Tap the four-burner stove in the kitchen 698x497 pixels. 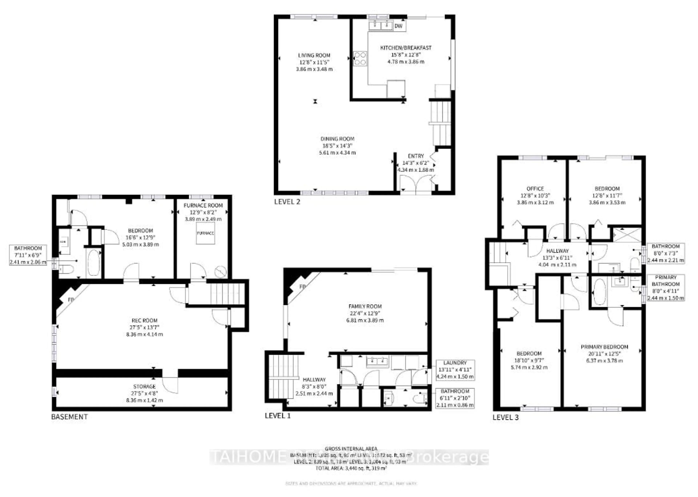[360, 59]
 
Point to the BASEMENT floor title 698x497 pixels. [69, 417]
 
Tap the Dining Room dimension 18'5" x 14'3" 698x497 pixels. [337, 146]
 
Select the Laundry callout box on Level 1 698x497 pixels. [455, 370]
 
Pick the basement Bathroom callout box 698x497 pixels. [28, 255]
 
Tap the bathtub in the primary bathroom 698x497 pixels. [599, 292]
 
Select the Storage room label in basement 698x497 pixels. [145, 386]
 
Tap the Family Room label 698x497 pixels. [365, 306]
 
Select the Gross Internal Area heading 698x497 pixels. [351, 449]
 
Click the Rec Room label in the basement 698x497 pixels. [145, 320]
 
